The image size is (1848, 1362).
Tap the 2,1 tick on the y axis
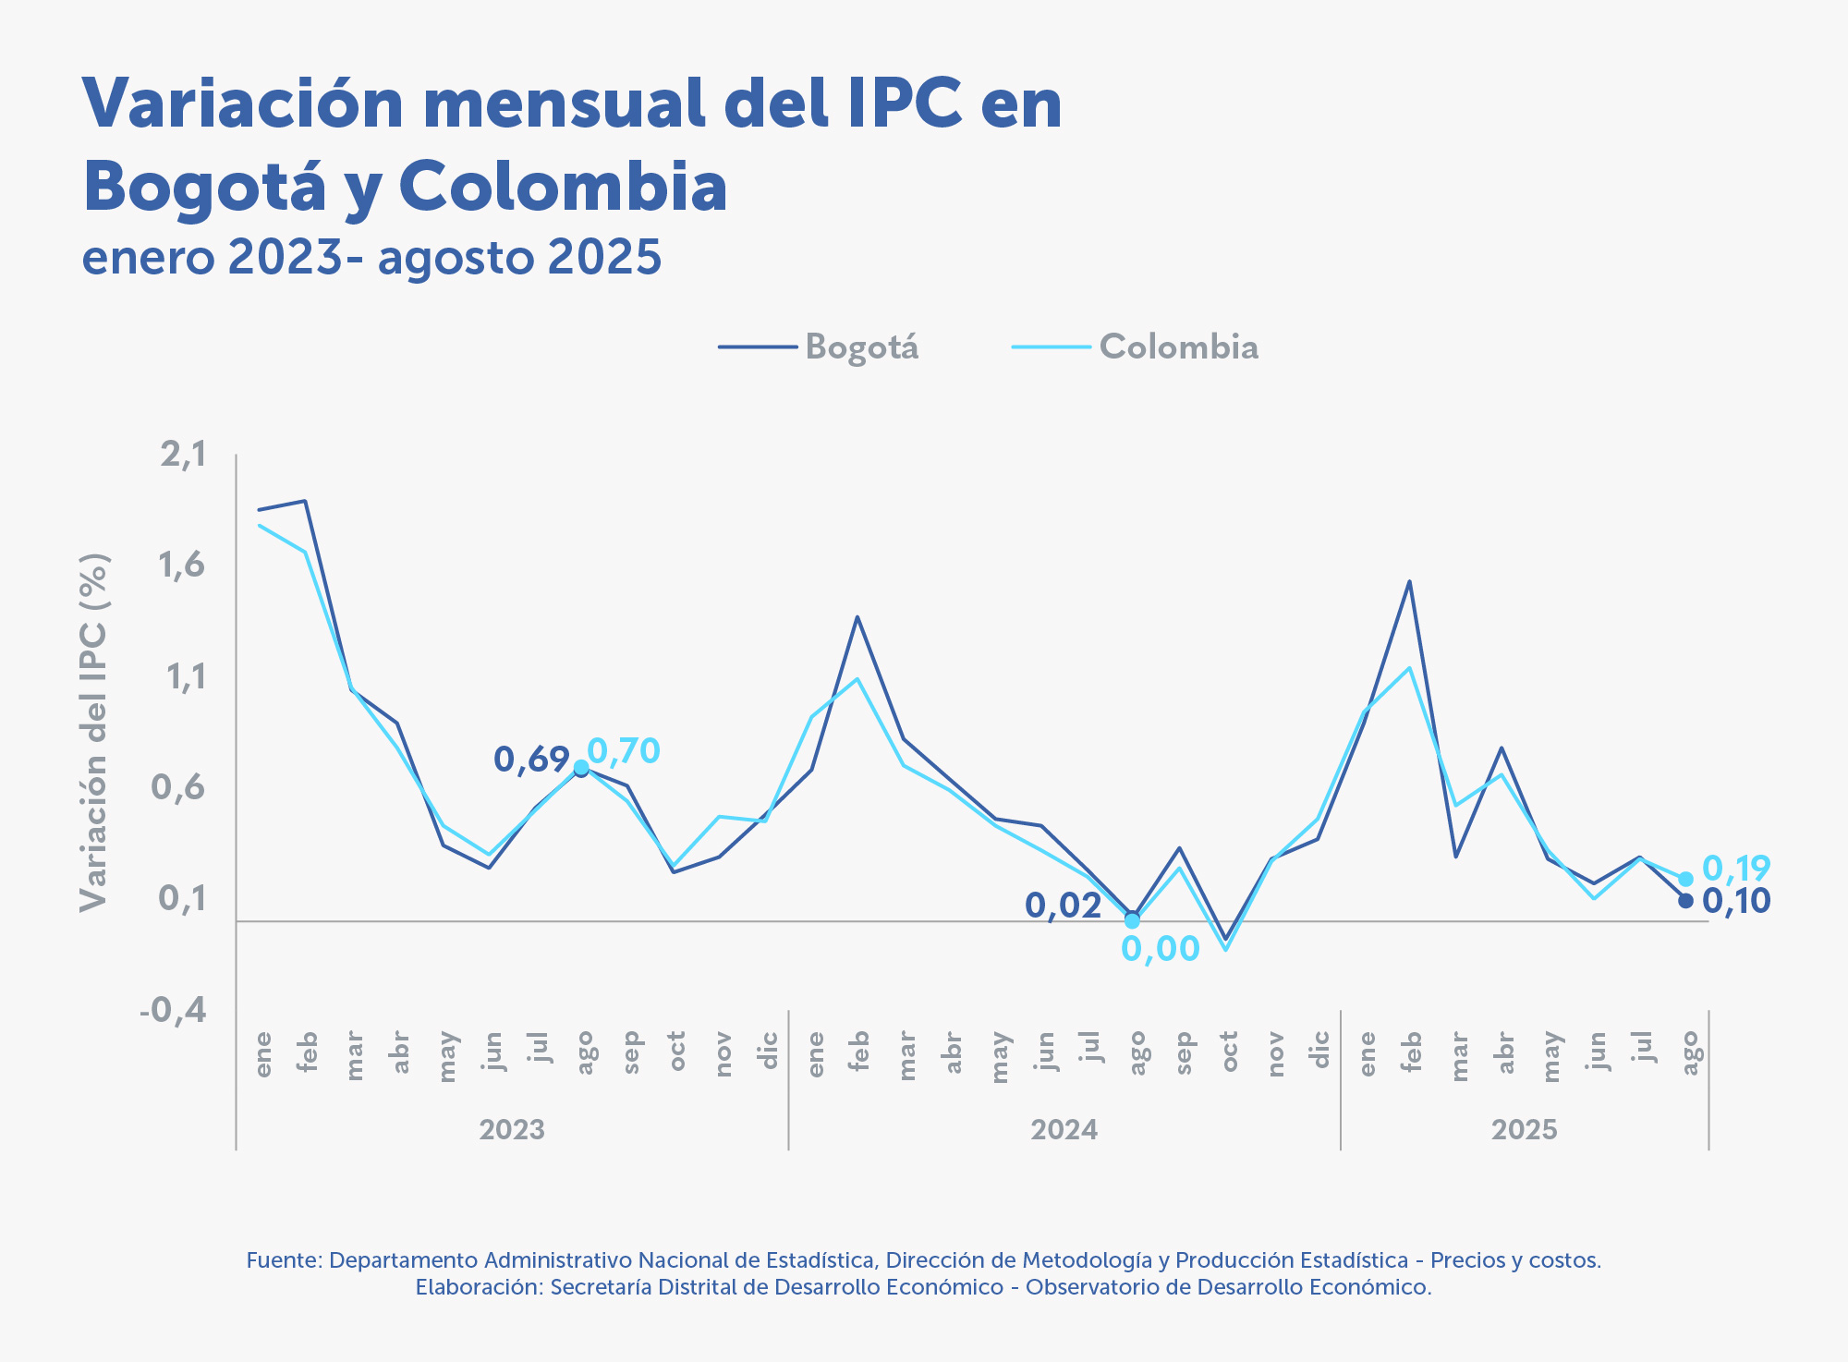pyautogui.click(x=183, y=455)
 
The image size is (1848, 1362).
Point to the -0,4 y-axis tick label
pyautogui.click(x=173, y=1010)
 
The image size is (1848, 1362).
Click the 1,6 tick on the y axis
pyautogui.click(x=182, y=565)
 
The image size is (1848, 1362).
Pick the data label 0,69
pyautogui.click(x=530, y=760)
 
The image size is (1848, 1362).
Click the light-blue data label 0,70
pyautogui.click(x=624, y=751)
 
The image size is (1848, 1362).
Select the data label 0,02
pyautogui.click(x=1063, y=906)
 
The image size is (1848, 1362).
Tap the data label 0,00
pyautogui.click(x=1160, y=949)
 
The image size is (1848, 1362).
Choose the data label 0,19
pyautogui.click(x=1735, y=869)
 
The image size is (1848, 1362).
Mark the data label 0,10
pyautogui.click(x=1735, y=901)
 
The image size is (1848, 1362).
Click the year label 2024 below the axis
pyautogui.click(x=1064, y=1130)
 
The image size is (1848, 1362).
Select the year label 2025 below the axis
pyautogui.click(x=1524, y=1130)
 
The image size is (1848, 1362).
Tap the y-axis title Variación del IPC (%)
pyautogui.click(x=94, y=732)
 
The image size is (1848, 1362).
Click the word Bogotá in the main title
pyautogui.click(x=204, y=188)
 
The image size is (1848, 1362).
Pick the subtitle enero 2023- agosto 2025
pyautogui.click(x=371, y=257)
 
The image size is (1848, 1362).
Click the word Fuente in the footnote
pyautogui.click(x=283, y=1260)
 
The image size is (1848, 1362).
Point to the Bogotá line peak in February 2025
pyautogui.click(x=1409, y=581)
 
